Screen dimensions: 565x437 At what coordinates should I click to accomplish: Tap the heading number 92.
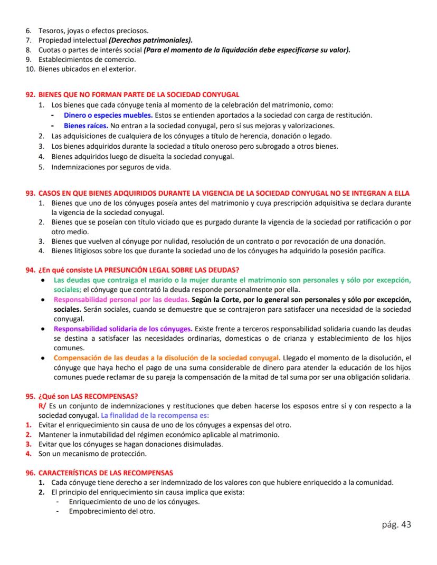tap(31, 95)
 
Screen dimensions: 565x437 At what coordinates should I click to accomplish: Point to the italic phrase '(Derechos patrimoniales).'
tap(150, 40)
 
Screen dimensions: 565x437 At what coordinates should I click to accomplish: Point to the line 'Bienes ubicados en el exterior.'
tap(87, 69)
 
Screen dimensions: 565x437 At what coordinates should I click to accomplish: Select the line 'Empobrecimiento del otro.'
tap(112, 511)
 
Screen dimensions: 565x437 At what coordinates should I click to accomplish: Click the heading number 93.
tap(31, 193)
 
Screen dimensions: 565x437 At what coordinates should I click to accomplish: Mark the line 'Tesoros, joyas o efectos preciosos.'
tap(93, 30)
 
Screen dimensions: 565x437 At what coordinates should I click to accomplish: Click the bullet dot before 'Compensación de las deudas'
tap(42, 358)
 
